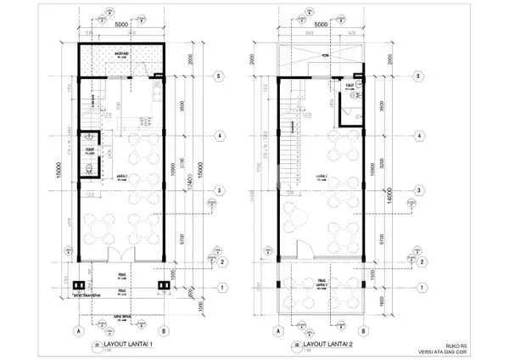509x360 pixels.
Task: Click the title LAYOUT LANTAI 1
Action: click(127, 346)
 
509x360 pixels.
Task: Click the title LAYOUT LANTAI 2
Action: click(332, 346)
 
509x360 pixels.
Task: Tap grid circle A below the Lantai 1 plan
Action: click(78, 331)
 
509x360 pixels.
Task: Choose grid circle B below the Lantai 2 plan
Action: click(363, 331)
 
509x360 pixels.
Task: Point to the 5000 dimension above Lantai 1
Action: click(119, 25)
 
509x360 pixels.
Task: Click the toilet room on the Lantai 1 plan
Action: click(88, 155)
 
